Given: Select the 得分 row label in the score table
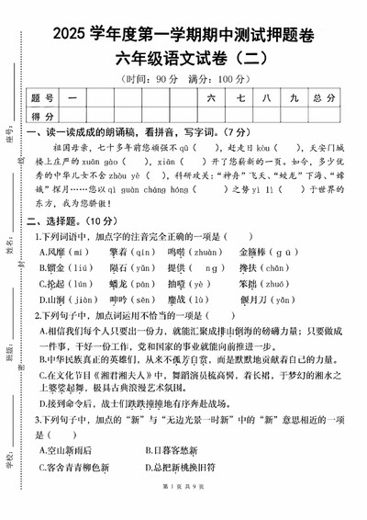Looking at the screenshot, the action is coord(42,117).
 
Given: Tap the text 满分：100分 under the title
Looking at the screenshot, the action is coord(218,78).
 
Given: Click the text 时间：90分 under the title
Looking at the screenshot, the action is coord(150,78).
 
